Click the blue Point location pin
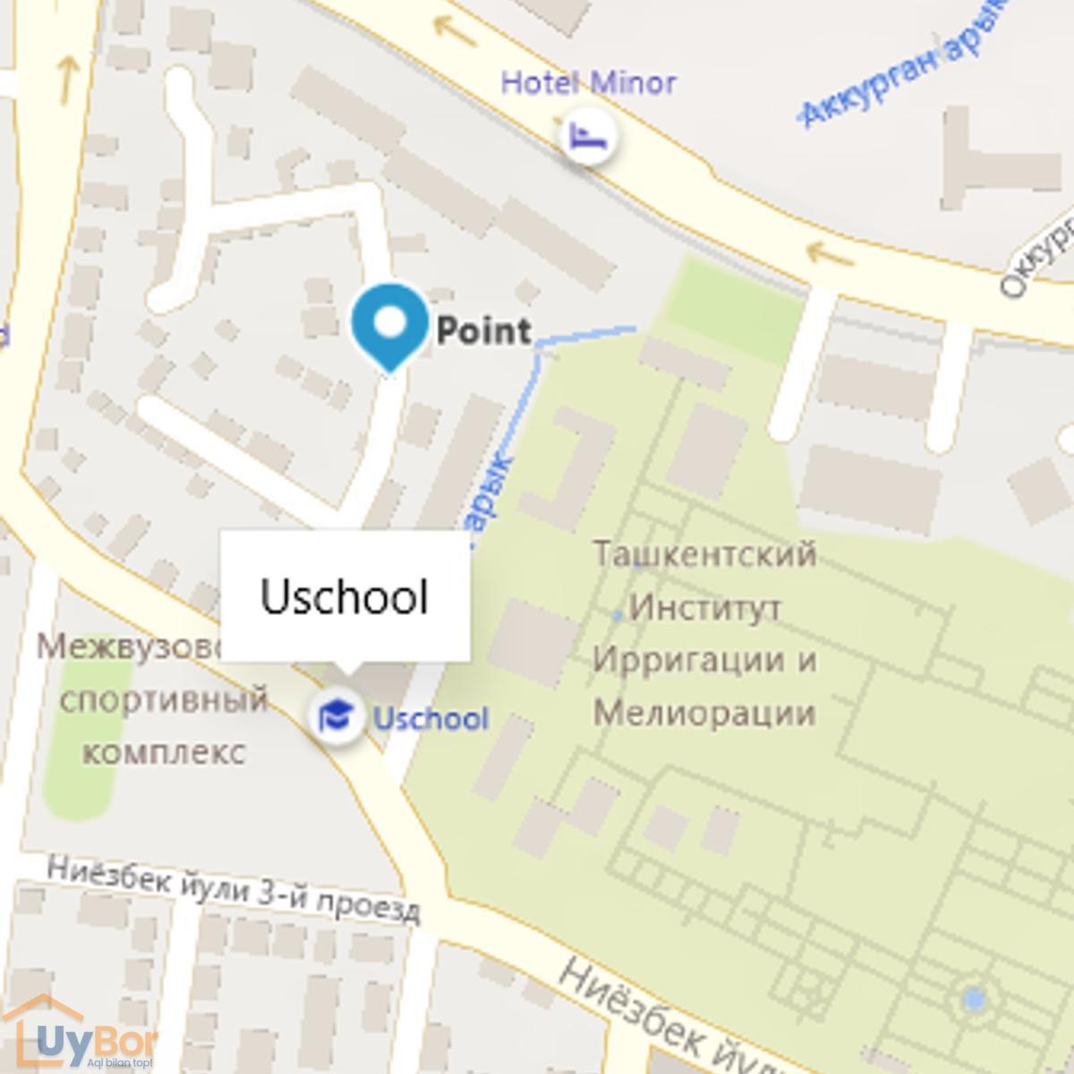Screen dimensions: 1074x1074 [x=389, y=324]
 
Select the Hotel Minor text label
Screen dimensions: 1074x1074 [x=588, y=83]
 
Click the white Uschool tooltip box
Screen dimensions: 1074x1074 [x=345, y=596]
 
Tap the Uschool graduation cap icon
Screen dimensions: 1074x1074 [x=336, y=716]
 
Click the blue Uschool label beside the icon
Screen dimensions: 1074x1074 [x=430, y=719]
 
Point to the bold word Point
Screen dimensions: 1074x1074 [x=483, y=330]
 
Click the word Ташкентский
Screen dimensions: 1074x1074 [x=705, y=554]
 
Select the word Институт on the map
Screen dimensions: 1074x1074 [x=705, y=609]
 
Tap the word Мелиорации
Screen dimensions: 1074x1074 [x=704, y=714]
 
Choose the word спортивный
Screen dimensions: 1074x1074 [x=164, y=699]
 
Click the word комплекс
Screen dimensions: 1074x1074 [x=164, y=750]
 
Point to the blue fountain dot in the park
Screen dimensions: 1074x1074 [x=974, y=998]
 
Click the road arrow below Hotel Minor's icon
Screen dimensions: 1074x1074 [x=829, y=253]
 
